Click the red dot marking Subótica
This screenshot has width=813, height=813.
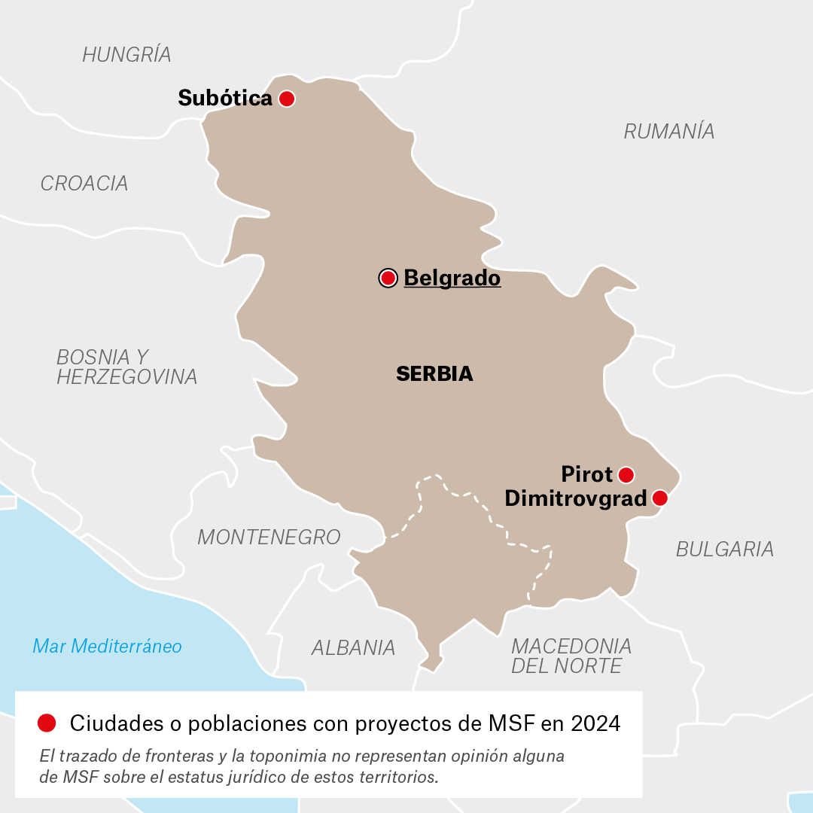[x=286, y=99]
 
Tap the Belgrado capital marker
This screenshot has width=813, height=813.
[x=388, y=279]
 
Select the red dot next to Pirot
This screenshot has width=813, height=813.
[x=626, y=475]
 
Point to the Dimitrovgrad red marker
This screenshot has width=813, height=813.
[x=659, y=498]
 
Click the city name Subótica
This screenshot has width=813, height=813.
[x=224, y=99]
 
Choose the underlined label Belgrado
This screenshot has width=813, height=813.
[x=452, y=279]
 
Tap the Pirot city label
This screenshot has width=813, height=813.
[x=587, y=475]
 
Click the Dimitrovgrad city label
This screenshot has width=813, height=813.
[x=575, y=498]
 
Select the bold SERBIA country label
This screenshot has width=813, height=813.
[x=434, y=374]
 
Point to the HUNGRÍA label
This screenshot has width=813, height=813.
[x=126, y=55]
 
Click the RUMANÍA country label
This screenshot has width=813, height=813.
[x=668, y=132]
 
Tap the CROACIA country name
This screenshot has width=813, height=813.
[x=84, y=184]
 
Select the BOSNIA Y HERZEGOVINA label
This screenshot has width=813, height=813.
[x=126, y=367]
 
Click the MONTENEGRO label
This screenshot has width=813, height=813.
[x=269, y=537]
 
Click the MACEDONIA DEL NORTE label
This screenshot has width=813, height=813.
[x=571, y=656]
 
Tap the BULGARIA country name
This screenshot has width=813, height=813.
[x=724, y=550]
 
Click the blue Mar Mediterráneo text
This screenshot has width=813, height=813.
[x=107, y=646]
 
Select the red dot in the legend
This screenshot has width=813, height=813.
[x=47, y=723]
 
